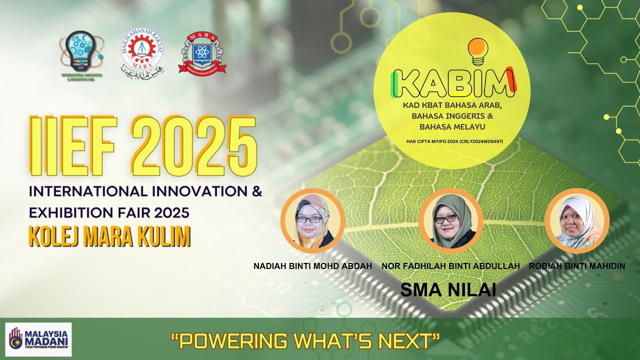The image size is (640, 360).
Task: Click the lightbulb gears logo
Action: [81, 52]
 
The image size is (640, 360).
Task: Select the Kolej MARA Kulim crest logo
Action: [202, 53]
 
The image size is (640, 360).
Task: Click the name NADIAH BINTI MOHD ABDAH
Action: [312, 266]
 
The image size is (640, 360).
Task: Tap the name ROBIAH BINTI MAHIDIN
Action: [576, 266]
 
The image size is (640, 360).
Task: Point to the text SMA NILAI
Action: [448, 289]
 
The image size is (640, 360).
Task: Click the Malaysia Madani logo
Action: [38, 339]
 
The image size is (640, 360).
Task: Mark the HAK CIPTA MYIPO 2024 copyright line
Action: [454, 141]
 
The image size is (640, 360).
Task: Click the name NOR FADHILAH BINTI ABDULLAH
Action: [450, 266]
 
